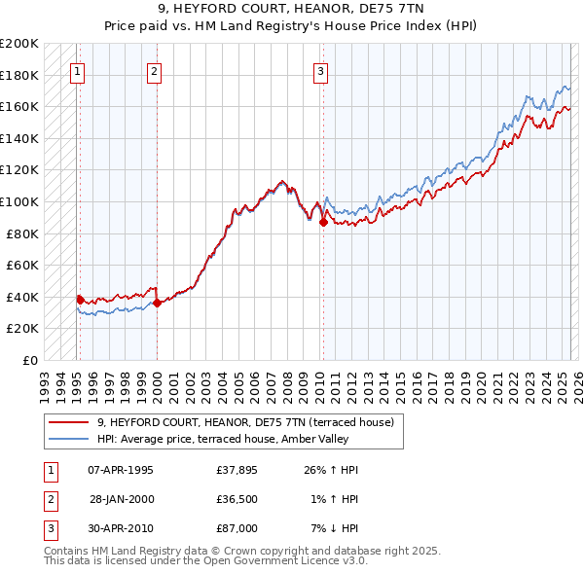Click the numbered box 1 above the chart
(x=77, y=69)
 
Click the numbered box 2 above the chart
(x=155, y=69)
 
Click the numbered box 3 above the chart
(x=320, y=69)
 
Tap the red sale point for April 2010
(x=322, y=222)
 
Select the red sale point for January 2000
(x=157, y=303)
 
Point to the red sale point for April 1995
(x=80, y=300)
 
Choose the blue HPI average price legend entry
(x=235, y=439)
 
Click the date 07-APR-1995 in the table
(x=121, y=470)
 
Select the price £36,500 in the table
(x=237, y=499)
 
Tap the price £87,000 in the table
(x=237, y=528)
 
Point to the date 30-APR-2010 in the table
(x=121, y=528)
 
